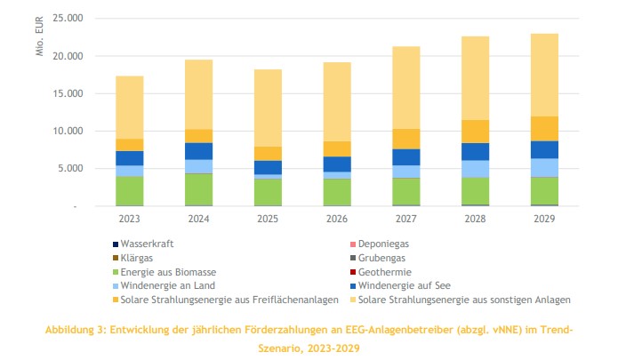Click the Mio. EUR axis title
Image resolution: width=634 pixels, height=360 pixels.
[x=39, y=36]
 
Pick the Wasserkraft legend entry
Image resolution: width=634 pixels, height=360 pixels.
[x=148, y=243]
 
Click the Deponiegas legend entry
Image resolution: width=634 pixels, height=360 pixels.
[x=383, y=243]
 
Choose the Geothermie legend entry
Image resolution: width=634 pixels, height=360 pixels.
[x=385, y=271]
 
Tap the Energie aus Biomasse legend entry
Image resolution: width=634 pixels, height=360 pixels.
[x=168, y=271]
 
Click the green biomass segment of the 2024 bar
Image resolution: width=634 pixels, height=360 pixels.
[x=198, y=189]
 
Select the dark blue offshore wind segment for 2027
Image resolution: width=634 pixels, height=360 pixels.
[x=406, y=157]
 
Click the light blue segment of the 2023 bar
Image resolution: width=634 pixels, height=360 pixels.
[x=129, y=171]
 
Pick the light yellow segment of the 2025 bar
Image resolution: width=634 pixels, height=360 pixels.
[x=268, y=108]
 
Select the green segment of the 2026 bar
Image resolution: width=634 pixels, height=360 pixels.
[x=337, y=192]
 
